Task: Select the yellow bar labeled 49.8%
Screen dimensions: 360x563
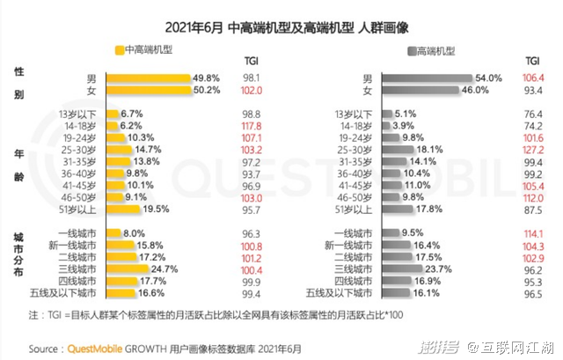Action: click(148, 77)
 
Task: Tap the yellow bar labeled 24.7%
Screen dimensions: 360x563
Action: click(127, 268)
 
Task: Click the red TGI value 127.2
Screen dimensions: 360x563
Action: click(532, 151)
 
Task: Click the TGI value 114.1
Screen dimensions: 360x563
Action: click(532, 233)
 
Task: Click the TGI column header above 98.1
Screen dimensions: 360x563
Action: click(251, 62)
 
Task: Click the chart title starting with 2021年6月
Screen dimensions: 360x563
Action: click(281, 26)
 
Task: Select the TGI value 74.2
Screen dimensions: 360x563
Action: click(532, 126)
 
